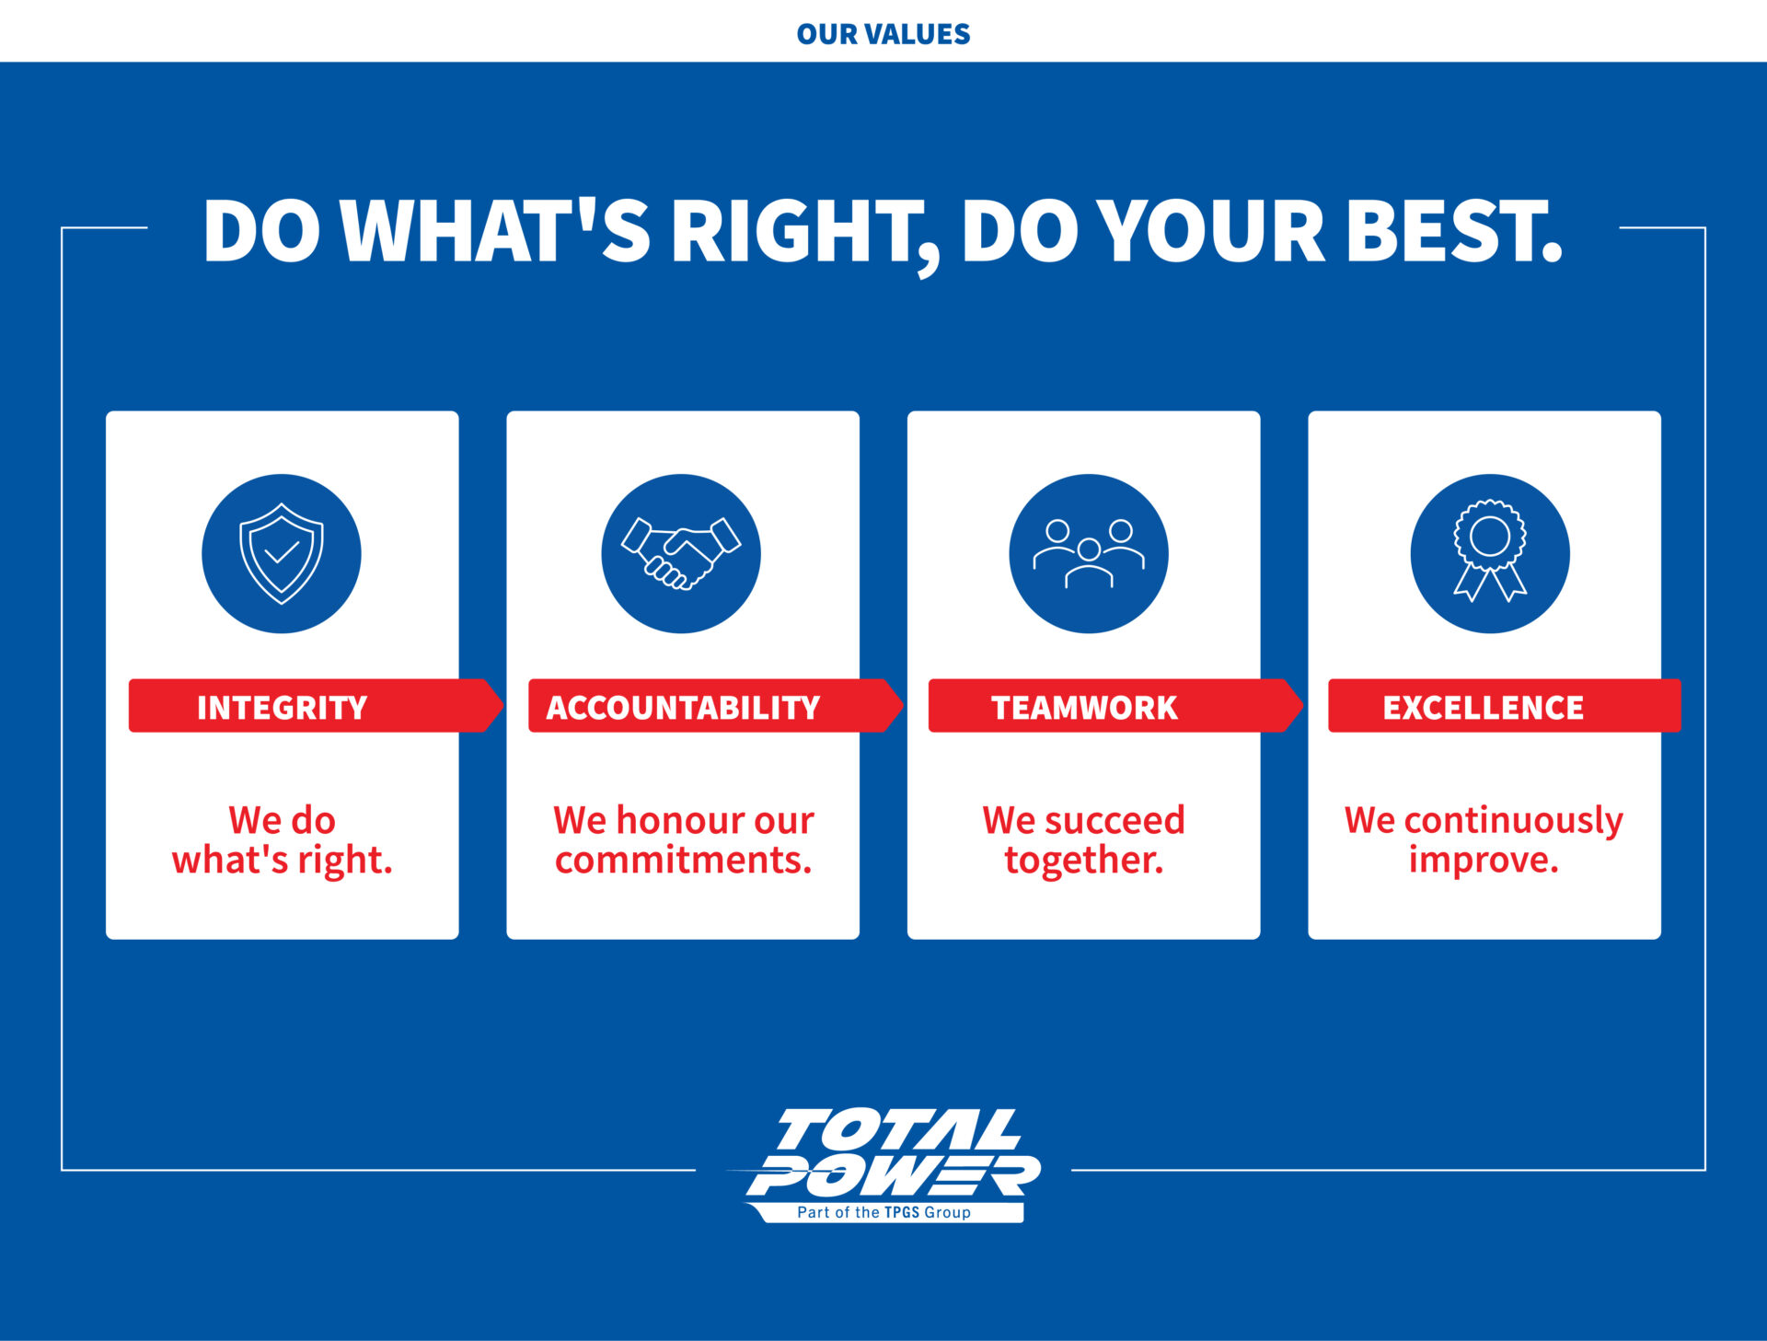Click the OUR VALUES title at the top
pos(883,34)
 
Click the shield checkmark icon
pos(282,553)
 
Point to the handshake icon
pos(681,552)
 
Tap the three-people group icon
pos(1089,553)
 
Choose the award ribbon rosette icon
pos(1490,550)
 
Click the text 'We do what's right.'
pos(283,839)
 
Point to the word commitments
pos(683,860)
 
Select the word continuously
pos(1514,821)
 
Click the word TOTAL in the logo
pos(897,1129)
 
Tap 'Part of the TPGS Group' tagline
pos(883,1212)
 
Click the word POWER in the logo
pos(894,1175)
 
